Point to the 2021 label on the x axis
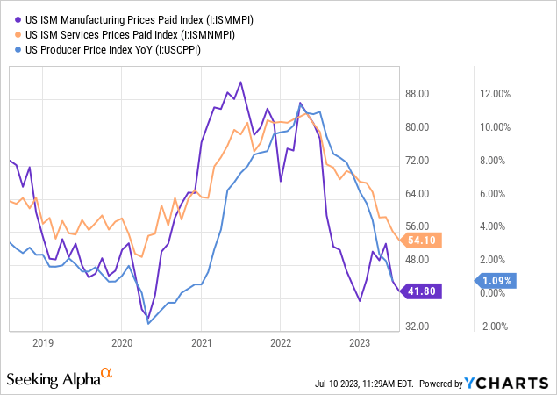203,342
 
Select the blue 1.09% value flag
498,281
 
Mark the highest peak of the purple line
240,82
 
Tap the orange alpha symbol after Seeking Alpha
107,373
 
